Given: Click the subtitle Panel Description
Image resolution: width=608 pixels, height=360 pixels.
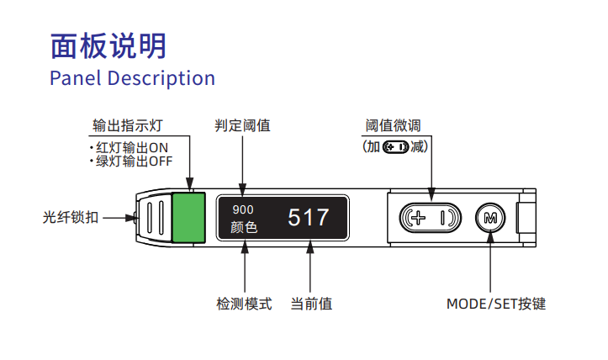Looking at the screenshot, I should (x=132, y=78).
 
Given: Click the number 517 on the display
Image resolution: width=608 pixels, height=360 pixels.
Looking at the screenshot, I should (x=309, y=218).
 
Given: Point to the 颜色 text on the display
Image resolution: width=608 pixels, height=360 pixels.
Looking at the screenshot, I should (x=244, y=227).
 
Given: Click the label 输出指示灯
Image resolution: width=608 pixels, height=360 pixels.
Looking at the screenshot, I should (x=127, y=125).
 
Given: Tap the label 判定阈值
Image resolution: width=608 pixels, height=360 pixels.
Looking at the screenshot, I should (x=243, y=125).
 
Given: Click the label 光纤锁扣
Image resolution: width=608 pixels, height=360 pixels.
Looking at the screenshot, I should (x=71, y=217).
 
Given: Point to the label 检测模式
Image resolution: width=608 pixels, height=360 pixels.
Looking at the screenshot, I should (x=244, y=304).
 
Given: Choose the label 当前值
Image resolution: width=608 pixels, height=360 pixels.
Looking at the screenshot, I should (x=311, y=304).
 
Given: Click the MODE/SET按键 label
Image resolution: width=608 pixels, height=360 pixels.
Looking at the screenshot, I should (x=495, y=304).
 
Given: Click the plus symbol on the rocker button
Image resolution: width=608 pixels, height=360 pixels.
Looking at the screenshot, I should (x=419, y=218).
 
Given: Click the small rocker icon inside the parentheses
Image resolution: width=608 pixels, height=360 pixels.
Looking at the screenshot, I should (x=395, y=147).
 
